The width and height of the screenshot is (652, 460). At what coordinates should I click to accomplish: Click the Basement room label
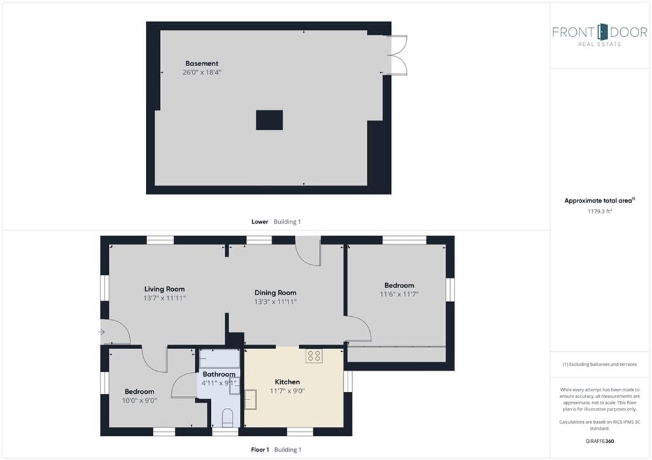click(x=202, y=64)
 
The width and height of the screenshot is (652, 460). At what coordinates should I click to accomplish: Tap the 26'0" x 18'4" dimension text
click(x=202, y=73)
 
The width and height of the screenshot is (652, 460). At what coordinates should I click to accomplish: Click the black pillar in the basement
click(x=269, y=120)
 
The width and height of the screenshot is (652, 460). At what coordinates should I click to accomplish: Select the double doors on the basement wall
click(x=397, y=55)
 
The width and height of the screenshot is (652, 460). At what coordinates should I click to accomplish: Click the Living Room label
click(x=164, y=289)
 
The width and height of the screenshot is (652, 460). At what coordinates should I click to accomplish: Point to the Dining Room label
click(x=275, y=293)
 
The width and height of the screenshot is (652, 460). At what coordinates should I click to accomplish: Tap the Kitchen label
click(x=287, y=382)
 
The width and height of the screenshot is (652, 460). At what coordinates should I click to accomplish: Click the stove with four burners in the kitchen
click(x=314, y=356)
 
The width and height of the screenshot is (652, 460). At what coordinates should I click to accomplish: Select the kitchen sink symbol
click(x=250, y=400)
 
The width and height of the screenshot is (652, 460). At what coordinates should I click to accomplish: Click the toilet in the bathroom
click(x=227, y=417)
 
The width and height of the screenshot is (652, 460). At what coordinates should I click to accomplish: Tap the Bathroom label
click(x=219, y=374)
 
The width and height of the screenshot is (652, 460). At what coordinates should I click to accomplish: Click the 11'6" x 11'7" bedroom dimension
click(x=399, y=294)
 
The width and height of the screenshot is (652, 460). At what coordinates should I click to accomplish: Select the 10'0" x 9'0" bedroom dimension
click(x=139, y=401)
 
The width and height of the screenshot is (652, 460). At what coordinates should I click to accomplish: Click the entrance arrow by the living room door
click(x=101, y=331)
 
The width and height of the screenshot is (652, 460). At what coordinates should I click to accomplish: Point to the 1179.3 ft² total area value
click(x=600, y=211)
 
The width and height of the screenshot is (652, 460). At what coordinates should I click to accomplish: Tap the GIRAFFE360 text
click(x=600, y=442)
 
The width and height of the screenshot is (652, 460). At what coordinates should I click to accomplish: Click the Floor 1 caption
click(x=260, y=450)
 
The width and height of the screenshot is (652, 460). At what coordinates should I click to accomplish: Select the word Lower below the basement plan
click(x=260, y=222)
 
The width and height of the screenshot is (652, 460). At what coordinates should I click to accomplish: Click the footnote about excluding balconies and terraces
click(x=600, y=365)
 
